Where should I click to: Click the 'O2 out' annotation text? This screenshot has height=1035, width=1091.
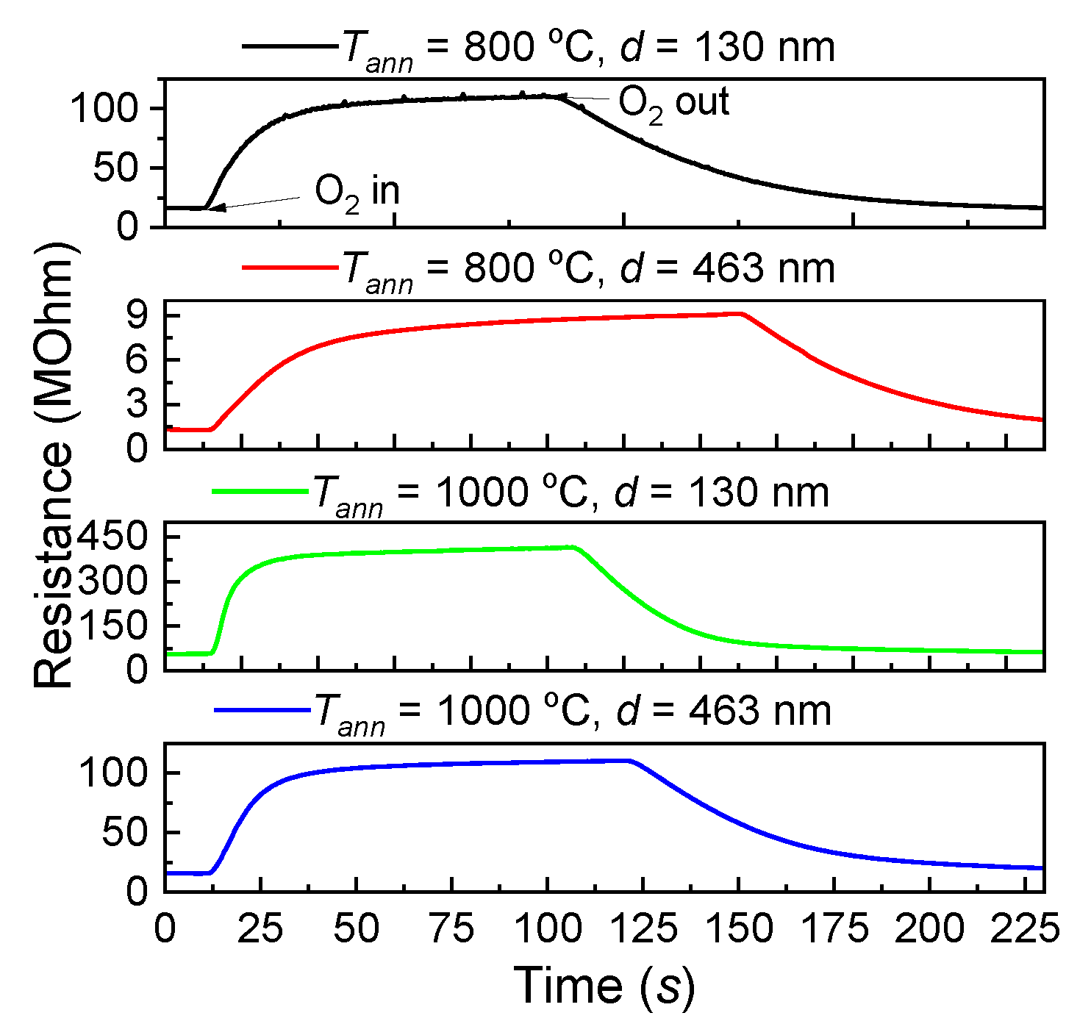pos(673,104)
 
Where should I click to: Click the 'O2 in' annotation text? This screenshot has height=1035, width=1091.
pos(357,193)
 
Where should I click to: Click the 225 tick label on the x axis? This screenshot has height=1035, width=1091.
pos(1025,929)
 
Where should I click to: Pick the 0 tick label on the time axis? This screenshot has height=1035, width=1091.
pos(165,929)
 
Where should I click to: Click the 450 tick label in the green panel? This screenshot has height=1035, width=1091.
pos(114,537)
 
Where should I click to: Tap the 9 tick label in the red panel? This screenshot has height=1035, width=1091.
pos(137,315)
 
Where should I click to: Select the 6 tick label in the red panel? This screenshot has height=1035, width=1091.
pos(137,360)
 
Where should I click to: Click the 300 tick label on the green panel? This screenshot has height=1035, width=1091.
pos(114,581)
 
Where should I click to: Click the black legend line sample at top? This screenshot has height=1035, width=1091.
pos(288,46)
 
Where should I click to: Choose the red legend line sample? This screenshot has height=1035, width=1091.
pos(288,268)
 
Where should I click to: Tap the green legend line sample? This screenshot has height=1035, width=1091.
pos(259,490)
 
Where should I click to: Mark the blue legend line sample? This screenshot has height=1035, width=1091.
pos(261,710)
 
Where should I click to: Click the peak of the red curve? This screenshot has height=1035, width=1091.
pos(739,313)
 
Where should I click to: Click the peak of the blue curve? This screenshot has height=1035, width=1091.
pos(629,760)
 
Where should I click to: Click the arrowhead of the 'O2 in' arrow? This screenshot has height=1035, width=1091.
pos(214,208)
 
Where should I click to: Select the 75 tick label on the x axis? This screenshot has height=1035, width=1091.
pos(451,929)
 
